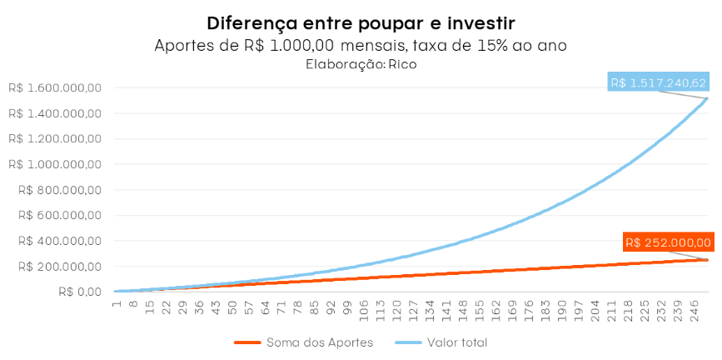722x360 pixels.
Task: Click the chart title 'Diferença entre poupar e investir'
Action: [361, 22]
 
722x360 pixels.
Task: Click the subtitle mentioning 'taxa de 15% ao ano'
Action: [361, 45]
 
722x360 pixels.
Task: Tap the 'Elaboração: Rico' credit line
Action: [361, 63]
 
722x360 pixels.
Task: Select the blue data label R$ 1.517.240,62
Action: [659, 82]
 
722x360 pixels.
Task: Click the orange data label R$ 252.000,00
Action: [668, 242]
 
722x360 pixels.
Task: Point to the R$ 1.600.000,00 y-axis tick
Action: [54, 87]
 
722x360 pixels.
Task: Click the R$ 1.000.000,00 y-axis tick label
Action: [54, 164]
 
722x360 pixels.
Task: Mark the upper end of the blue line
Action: [708, 99]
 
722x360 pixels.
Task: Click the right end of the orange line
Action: [708, 260]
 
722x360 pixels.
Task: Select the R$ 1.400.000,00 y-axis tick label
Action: [54, 113]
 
